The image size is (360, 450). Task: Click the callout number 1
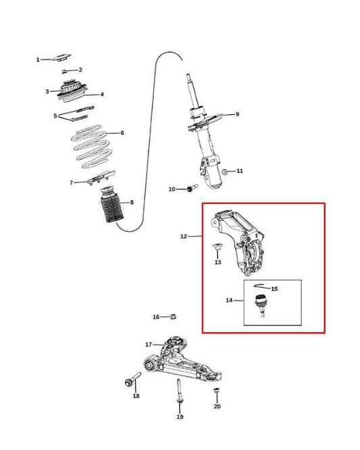pos(38,59)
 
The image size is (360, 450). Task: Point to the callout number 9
pos(237,114)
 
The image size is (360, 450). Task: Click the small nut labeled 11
pos(225,172)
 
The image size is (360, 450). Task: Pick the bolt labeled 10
pos(192,188)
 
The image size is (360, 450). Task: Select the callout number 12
pos(184,236)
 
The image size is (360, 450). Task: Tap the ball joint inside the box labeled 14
pos(261,305)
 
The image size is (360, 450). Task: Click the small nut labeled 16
pos(173,316)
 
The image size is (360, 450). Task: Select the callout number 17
pos(149,345)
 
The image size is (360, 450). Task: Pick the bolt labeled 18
pos(133,379)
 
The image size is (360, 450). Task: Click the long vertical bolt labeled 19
pos(179,391)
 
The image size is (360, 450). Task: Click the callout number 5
pos(55,116)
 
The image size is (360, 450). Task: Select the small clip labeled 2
pos(65,71)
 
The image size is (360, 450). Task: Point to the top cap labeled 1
pos(61,57)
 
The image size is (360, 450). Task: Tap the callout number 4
pos(102,94)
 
